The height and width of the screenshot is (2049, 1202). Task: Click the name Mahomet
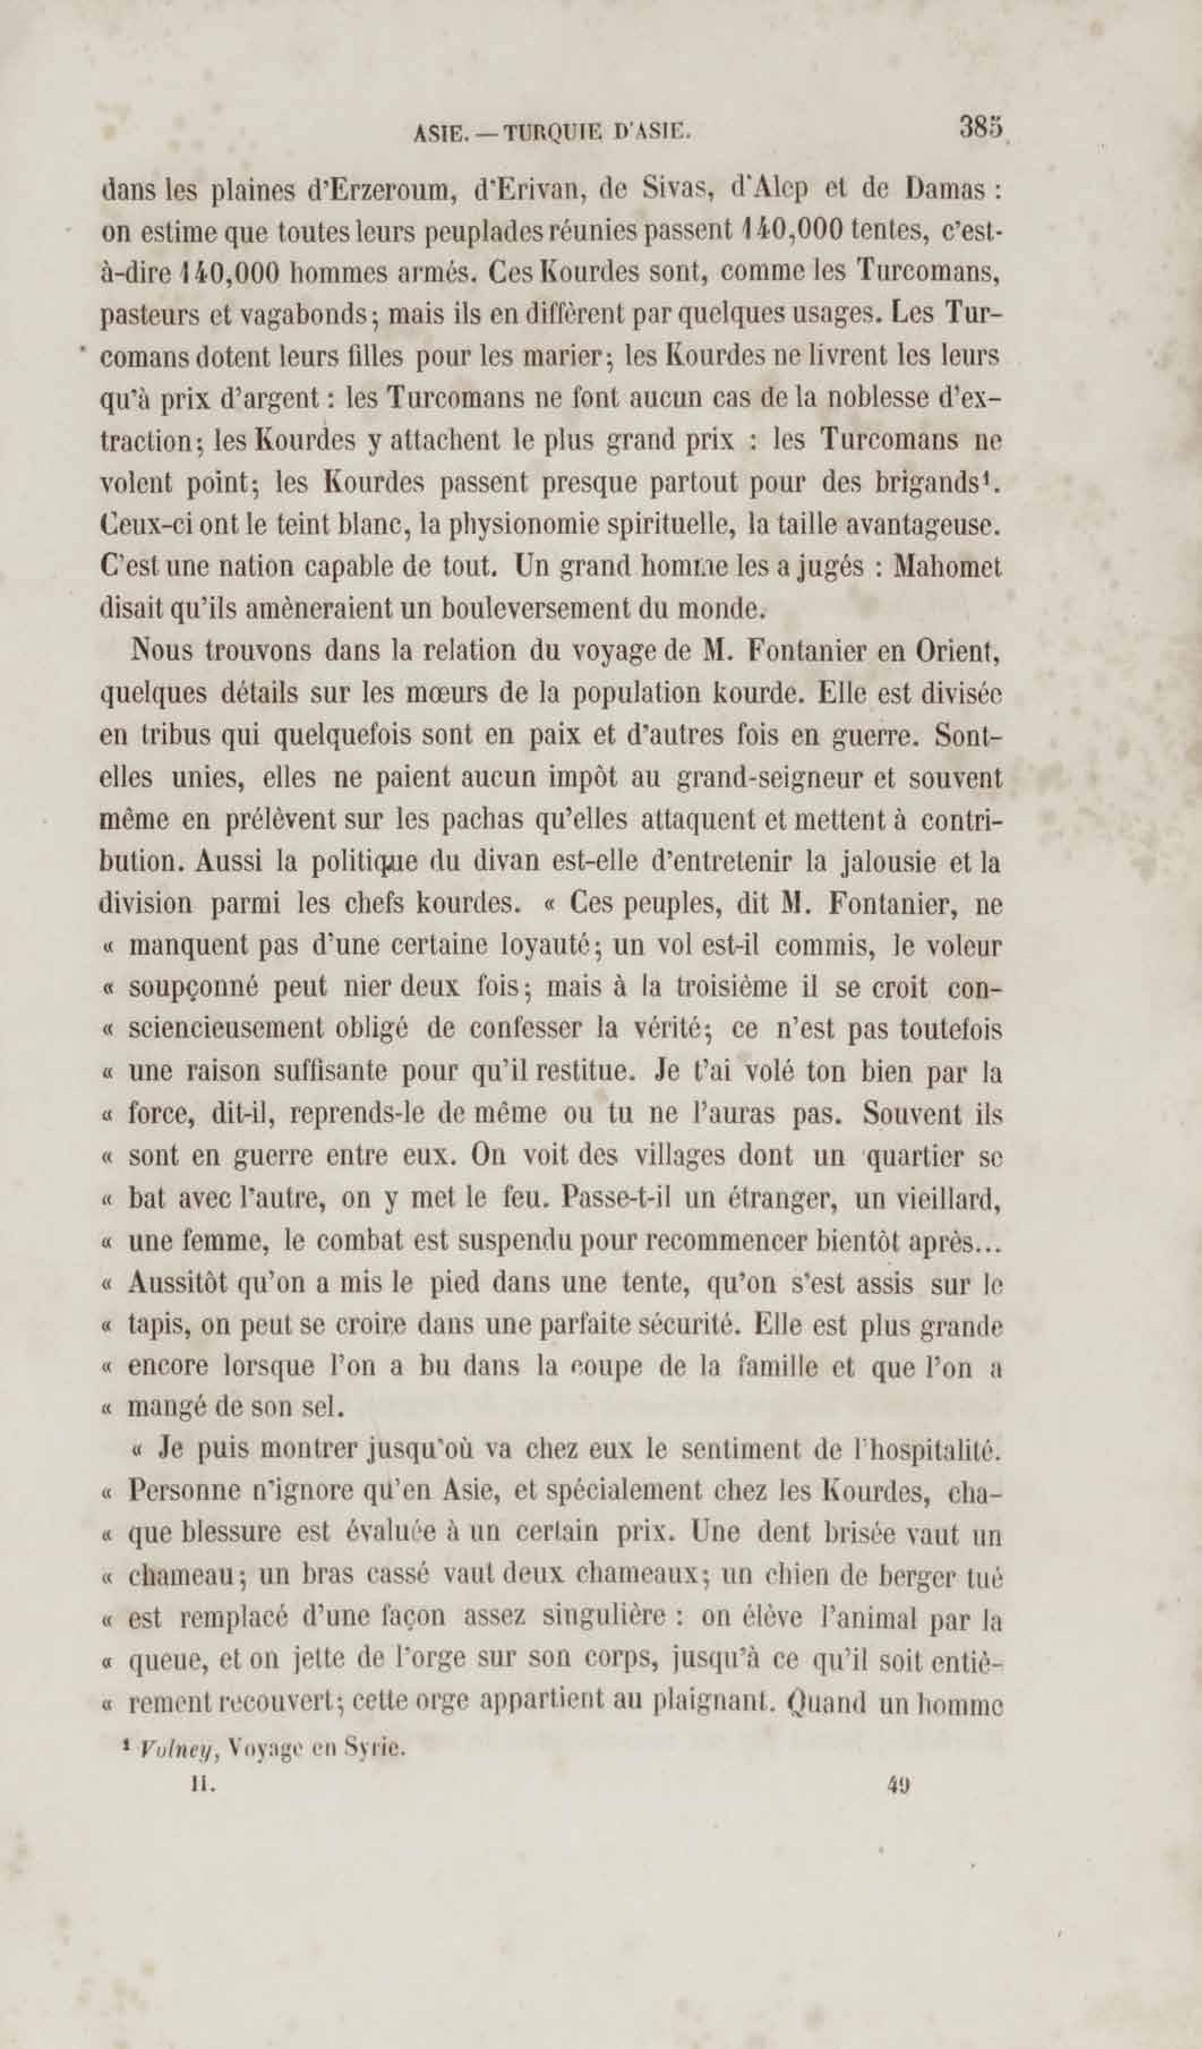click(947, 566)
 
